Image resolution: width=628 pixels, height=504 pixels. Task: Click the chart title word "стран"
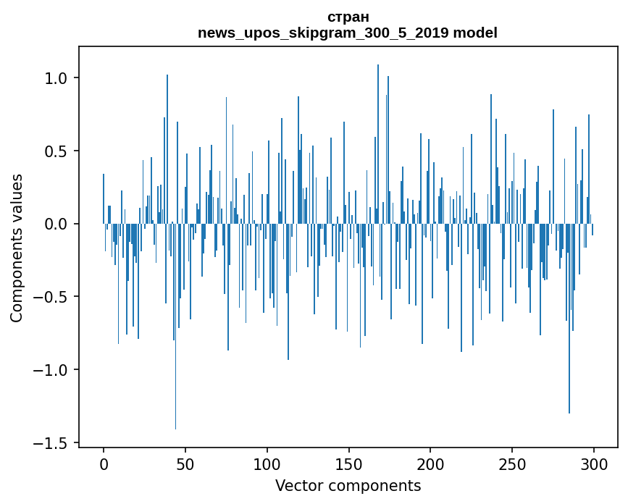348,17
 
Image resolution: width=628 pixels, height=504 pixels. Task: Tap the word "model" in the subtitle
475,33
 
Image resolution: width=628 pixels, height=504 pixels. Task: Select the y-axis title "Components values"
17,248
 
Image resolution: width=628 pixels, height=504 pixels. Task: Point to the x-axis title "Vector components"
348,485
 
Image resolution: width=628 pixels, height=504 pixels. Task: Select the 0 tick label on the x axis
104,463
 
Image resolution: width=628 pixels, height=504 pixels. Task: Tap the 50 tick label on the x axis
185,463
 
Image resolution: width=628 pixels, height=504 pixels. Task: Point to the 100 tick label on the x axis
267,463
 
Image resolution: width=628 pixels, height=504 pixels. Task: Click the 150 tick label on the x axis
349,463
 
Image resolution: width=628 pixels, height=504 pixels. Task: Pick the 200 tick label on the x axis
431,463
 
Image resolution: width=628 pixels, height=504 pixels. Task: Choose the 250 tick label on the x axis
513,463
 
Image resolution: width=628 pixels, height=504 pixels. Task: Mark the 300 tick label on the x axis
594,463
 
